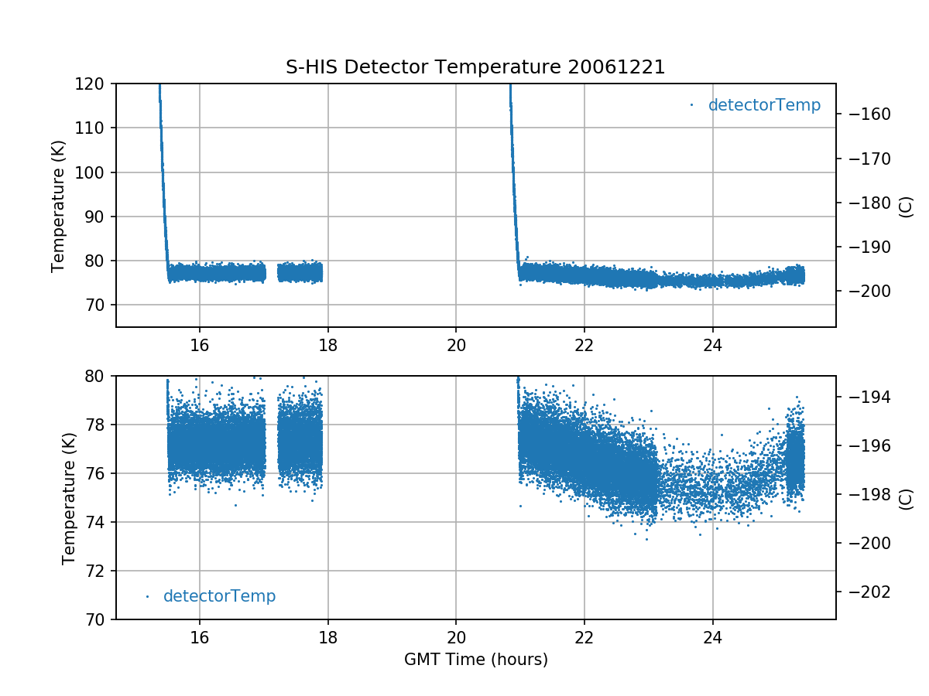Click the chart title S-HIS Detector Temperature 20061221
pos(475,67)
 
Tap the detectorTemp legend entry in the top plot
pos(763,105)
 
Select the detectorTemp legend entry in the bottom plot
pos(219,596)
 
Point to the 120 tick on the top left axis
pos(95,84)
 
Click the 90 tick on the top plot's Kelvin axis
pos(99,217)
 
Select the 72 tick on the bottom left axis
pos(99,571)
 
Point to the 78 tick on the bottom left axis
pos(99,425)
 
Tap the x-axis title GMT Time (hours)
pos(475,660)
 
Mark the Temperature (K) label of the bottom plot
pos(69,498)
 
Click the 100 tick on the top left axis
pos(95,172)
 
